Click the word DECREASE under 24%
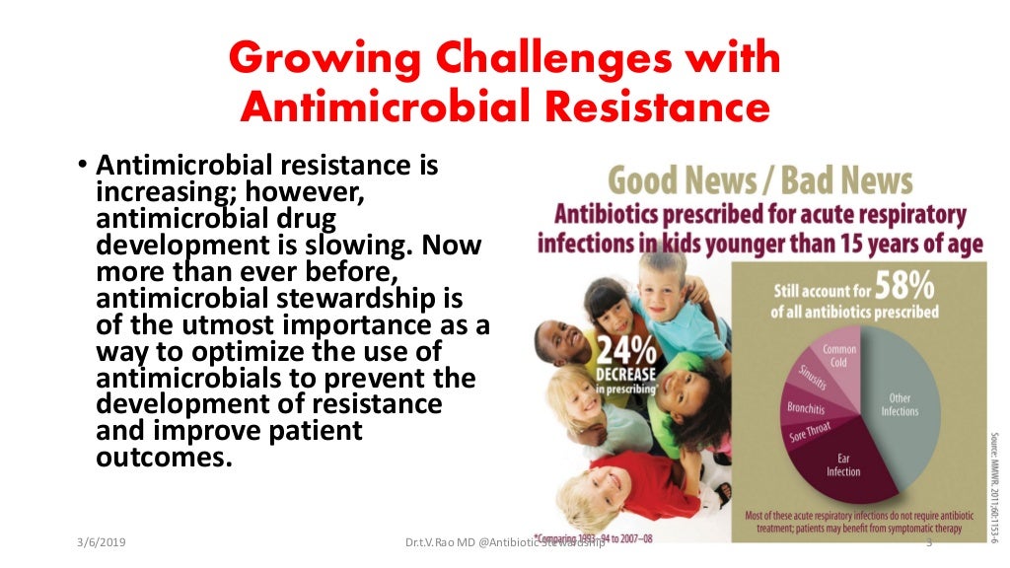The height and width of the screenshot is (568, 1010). pos(618,376)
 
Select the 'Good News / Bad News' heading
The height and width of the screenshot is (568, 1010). pos(760,181)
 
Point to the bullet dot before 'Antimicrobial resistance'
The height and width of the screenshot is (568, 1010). pos(84,165)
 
